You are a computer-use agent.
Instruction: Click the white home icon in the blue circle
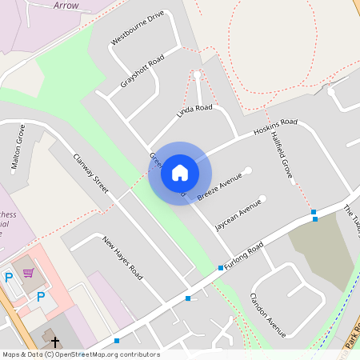click(180, 173)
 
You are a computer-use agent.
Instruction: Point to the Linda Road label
click(194, 113)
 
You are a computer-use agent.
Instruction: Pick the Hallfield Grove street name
click(282, 154)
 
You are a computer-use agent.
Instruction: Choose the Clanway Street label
click(90, 172)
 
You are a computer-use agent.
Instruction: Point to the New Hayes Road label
click(122, 257)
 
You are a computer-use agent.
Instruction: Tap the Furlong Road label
click(244, 258)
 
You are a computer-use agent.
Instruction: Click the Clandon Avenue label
click(267, 314)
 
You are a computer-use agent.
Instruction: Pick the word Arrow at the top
click(66, 6)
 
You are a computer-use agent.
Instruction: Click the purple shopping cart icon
click(29, 274)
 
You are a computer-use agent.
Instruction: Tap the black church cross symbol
click(55, 342)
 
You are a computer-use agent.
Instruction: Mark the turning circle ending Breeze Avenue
click(248, 170)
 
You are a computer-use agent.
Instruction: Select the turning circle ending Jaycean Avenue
click(262, 198)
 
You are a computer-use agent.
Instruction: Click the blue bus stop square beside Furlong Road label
click(221, 268)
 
